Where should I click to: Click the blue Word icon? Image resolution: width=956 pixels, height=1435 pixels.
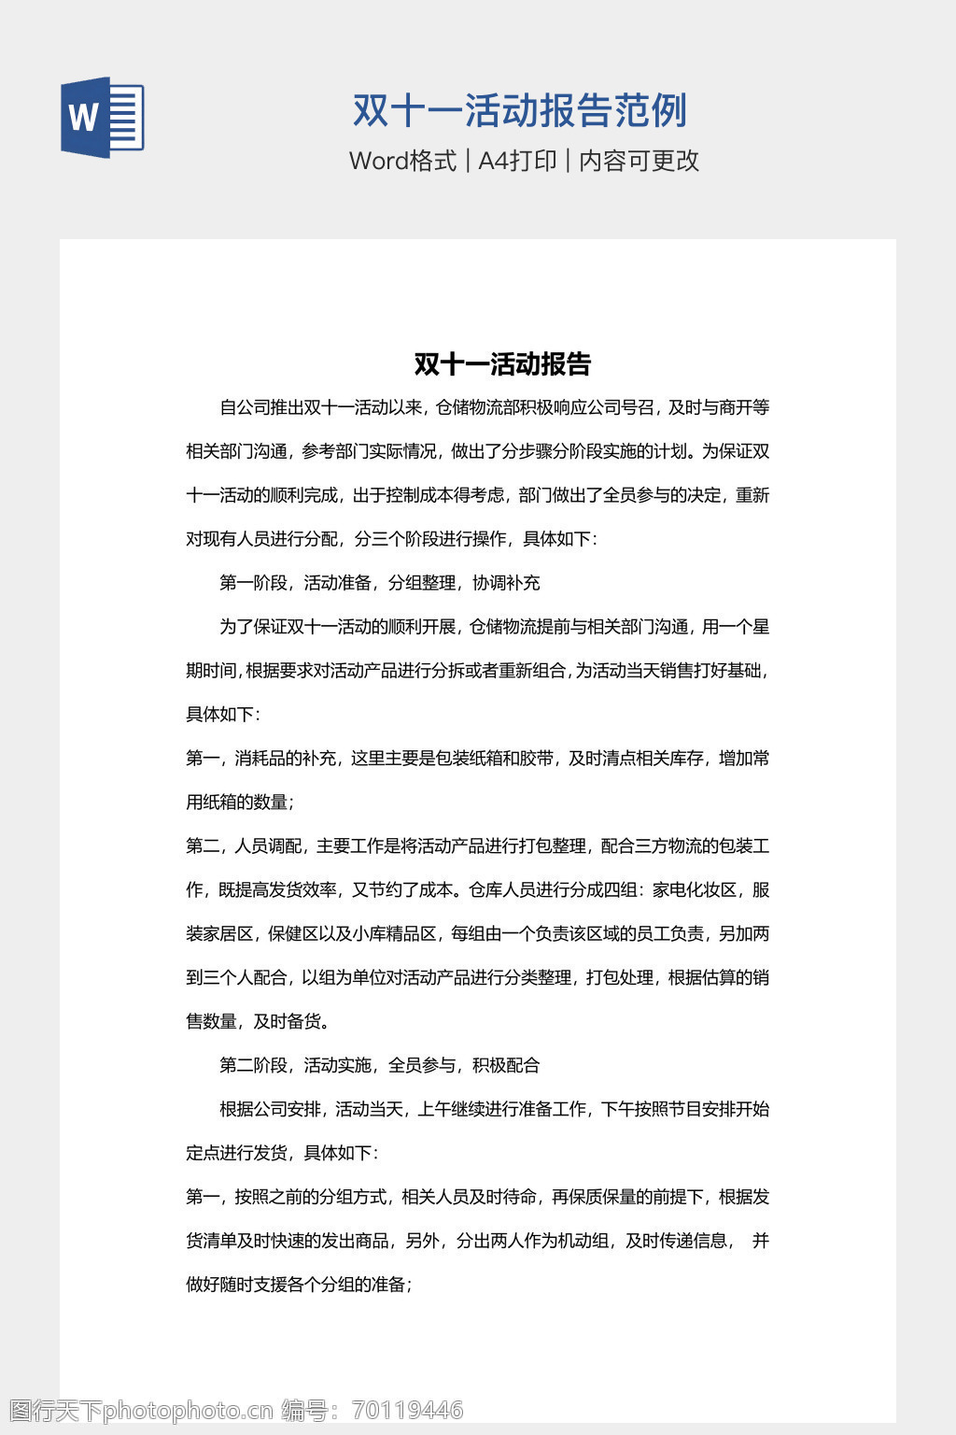pos(103,117)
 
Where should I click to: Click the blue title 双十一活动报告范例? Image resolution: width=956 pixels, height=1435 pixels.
pos(519,110)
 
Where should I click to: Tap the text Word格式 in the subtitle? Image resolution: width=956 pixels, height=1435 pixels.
pos(402,161)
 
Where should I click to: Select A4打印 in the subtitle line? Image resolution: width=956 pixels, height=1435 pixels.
pos(517,161)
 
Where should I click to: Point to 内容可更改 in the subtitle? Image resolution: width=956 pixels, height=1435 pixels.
pos(640,161)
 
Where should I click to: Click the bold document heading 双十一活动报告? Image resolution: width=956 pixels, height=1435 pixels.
pos(502,363)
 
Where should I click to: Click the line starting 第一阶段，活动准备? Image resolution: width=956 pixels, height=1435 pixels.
pos(379,583)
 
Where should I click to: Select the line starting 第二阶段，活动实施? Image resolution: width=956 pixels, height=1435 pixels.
pos(379,1065)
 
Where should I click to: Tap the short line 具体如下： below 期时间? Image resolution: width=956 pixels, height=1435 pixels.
pos(223,715)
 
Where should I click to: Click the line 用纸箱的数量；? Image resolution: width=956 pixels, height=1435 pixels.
pos(240,802)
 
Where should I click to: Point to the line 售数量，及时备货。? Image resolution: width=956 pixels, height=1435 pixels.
pos(259,1021)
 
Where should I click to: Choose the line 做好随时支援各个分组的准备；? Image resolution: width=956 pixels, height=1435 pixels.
pos(299,1285)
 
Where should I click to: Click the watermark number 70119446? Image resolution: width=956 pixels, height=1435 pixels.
pos(408,1410)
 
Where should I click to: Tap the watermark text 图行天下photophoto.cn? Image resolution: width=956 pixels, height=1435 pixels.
pos(141,1410)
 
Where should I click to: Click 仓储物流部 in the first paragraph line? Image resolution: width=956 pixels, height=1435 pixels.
pos(479,407)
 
